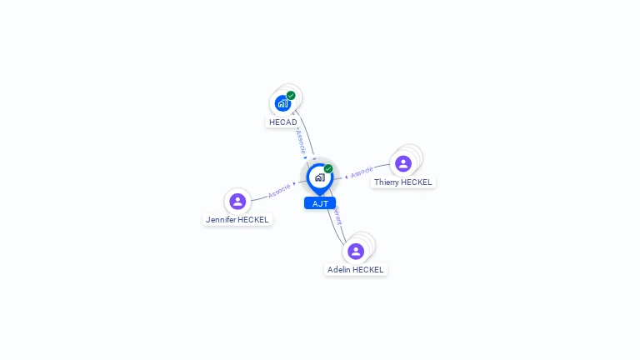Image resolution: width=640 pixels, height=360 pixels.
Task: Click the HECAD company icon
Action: pyautogui.click(x=282, y=103)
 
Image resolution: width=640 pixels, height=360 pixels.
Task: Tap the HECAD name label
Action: pyautogui.click(x=283, y=122)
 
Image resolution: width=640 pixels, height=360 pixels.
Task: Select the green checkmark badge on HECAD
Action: pyautogui.click(x=291, y=95)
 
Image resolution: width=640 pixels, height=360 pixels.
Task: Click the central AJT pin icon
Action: pyautogui.click(x=319, y=177)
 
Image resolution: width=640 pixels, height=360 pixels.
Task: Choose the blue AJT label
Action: pyautogui.click(x=319, y=203)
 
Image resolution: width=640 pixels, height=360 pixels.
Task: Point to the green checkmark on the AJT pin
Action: pyautogui.click(x=328, y=168)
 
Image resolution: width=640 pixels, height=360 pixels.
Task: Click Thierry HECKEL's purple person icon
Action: pyautogui.click(x=403, y=163)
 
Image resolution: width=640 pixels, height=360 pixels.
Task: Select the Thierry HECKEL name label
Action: pyautogui.click(x=403, y=182)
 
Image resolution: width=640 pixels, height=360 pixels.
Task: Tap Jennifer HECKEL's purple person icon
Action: pyautogui.click(x=237, y=201)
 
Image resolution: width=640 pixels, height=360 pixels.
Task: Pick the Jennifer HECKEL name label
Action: pyautogui.click(x=237, y=220)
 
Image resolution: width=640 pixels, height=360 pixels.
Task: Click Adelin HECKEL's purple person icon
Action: pyautogui.click(x=356, y=251)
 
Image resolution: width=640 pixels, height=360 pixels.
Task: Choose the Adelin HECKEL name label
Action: pyautogui.click(x=356, y=270)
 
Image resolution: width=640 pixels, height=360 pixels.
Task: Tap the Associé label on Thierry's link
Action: pyautogui.click(x=362, y=173)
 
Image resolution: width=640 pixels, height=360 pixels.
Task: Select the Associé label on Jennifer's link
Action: pyautogui.click(x=279, y=190)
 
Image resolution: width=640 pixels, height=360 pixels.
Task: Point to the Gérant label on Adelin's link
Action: pyautogui.click(x=337, y=216)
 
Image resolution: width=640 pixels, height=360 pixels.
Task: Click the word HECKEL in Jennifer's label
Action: pyautogui.click(x=252, y=220)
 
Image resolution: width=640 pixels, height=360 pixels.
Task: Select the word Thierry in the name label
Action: pyautogui.click(x=386, y=182)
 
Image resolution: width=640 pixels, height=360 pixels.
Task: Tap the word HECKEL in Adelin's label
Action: pyautogui.click(x=368, y=270)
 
